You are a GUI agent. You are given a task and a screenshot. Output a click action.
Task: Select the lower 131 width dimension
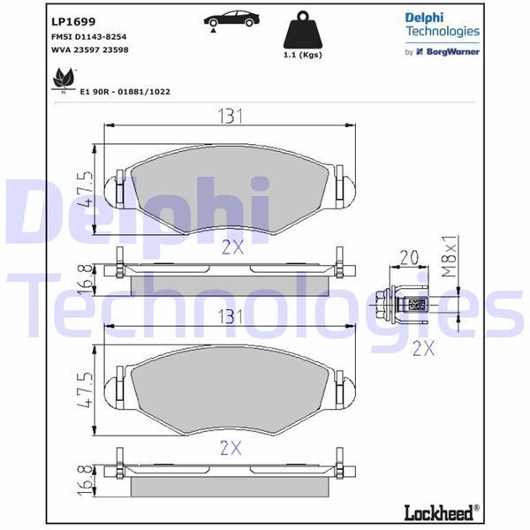point(231,317)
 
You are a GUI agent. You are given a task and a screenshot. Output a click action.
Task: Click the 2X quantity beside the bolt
point(423,348)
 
